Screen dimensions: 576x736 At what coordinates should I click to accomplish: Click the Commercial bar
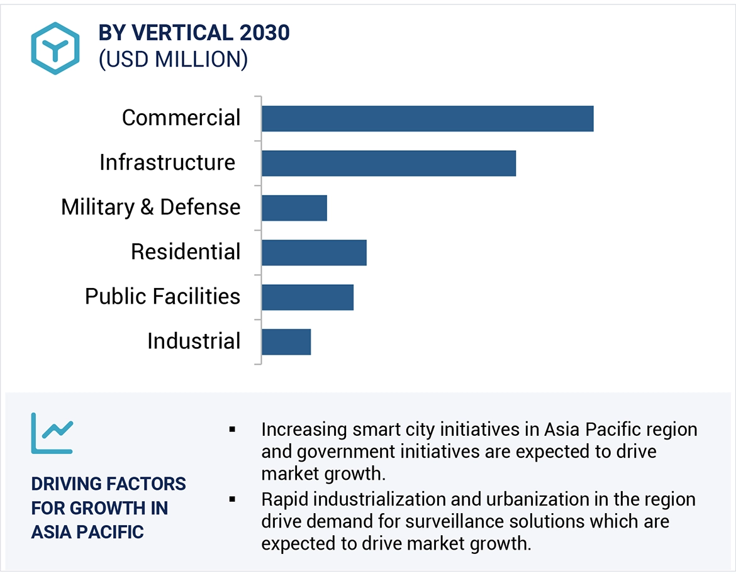(x=427, y=119)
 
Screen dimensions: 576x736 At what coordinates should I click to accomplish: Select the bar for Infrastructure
(x=388, y=163)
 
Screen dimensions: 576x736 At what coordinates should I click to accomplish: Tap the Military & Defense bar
(x=294, y=208)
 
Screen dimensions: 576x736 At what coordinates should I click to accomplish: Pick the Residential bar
(x=313, y=253)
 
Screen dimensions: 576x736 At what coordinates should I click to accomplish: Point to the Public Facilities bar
(x=307, y=297)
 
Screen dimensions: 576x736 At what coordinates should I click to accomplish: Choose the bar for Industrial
(x=286, y=342)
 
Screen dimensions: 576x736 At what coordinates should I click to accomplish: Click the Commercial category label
(x=181, y=118)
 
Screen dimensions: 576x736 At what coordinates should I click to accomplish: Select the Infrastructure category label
(x=167, y=162)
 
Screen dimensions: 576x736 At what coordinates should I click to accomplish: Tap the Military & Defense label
(x=151, y=207)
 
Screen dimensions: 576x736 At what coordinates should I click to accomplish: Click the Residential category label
(x=186, y=252)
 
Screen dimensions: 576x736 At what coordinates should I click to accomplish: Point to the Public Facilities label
(x=163, y=296)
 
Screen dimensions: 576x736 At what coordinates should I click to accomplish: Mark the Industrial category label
(x=194, y=341)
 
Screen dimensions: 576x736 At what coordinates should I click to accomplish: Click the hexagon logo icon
(x=55, y=48)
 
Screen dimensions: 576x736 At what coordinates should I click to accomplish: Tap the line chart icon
(x=52, y=433)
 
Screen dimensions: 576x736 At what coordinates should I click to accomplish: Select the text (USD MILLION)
(x=173, y=58)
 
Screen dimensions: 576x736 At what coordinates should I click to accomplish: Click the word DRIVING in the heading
(x=66, y=484)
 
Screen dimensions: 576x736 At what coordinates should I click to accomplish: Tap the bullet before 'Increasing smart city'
(x=232, y=429)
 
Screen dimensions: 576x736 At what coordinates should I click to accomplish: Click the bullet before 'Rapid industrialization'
(x=232, y=499)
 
